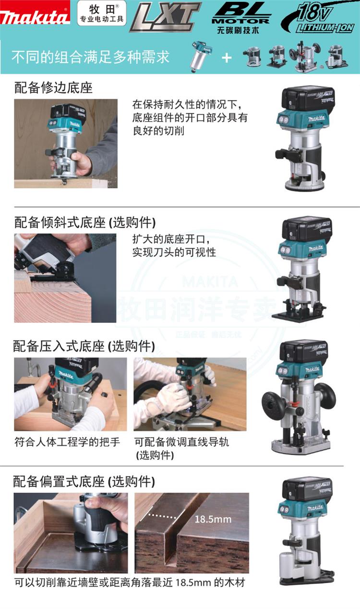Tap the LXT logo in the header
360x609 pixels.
166,16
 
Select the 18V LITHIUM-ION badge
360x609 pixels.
318,18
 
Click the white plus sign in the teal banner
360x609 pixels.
227,57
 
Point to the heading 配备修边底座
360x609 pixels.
54,88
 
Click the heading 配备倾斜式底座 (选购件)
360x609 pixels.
85,222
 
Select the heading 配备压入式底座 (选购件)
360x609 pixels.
84,346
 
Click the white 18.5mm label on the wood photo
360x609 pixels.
213,519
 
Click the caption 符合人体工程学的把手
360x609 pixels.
67,442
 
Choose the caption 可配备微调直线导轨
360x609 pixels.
181,442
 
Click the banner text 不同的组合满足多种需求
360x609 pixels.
90,57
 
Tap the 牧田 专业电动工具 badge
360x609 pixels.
102,13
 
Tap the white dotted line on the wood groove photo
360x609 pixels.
163,516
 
